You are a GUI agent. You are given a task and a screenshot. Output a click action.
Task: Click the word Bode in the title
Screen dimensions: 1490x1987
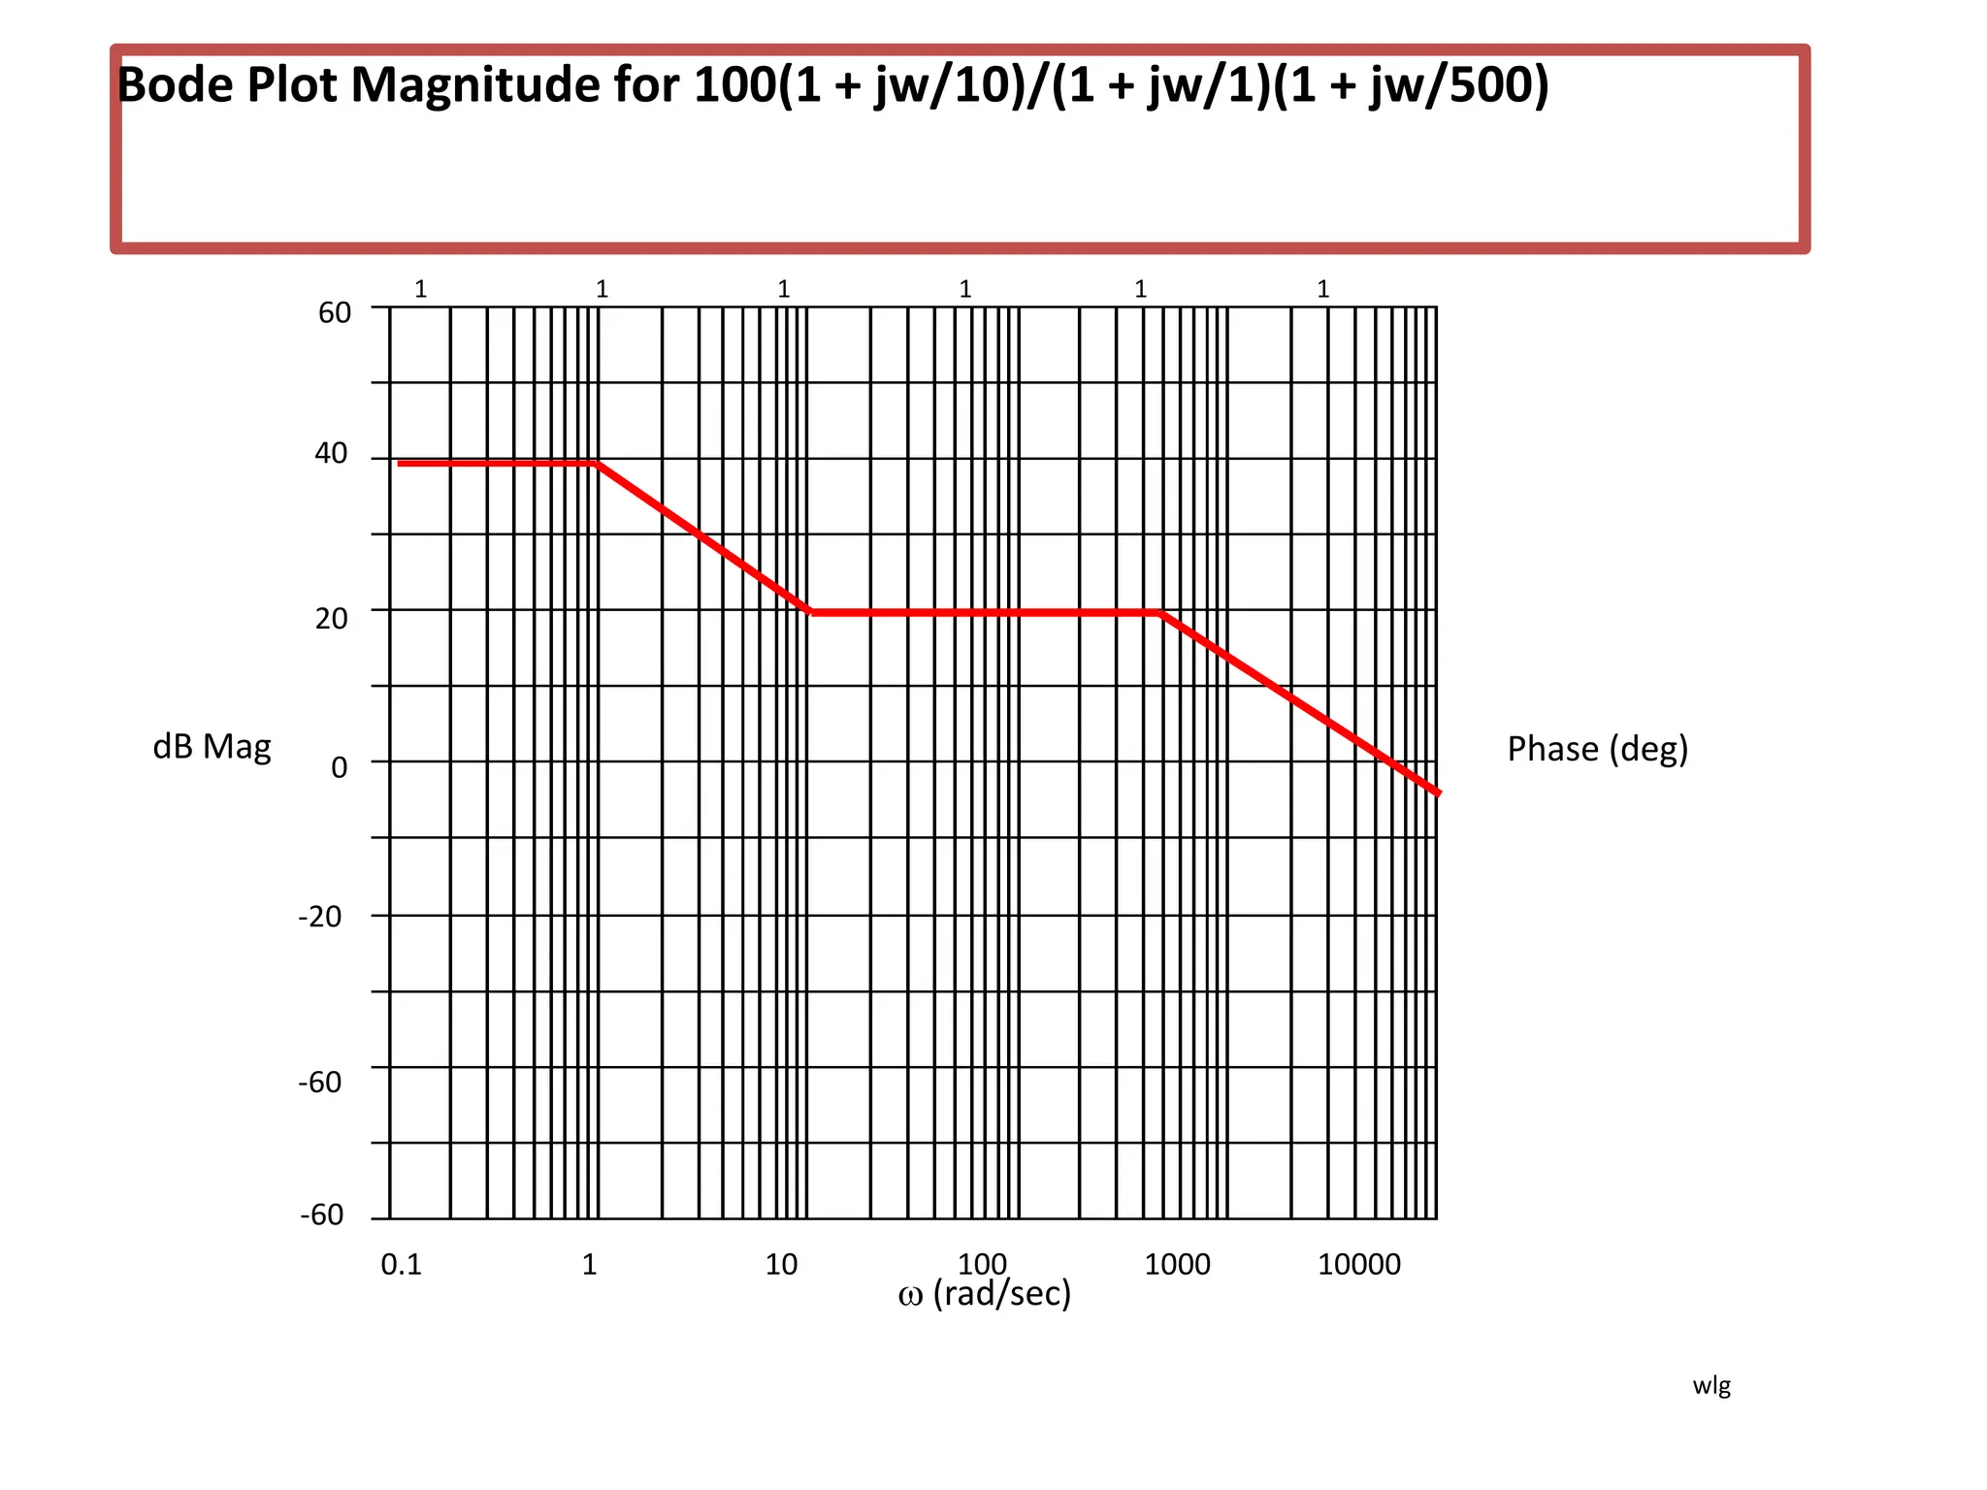point(175,85)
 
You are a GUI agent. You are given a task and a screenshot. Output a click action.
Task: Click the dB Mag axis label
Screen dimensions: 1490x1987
point(212,747)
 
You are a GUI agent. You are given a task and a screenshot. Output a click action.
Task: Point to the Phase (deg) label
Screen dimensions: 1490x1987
point(1597,749)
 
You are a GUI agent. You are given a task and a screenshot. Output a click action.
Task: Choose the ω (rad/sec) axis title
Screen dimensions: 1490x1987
point(984,1294)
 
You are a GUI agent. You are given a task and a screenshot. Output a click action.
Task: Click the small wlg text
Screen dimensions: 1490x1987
point(1711,1385)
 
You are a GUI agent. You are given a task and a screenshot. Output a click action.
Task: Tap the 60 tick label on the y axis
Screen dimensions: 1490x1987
point(335,312)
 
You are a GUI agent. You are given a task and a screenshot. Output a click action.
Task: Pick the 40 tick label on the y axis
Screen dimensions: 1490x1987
point(331,453)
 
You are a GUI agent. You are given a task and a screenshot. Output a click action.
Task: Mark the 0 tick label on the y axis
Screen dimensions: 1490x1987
point(339,767)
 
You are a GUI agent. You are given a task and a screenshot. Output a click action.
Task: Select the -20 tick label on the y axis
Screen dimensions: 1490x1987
point(320,917)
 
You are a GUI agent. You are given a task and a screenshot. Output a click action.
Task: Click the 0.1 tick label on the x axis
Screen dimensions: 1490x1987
point(401,1264)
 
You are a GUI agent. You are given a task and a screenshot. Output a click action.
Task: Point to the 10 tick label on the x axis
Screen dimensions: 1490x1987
point(781,1264)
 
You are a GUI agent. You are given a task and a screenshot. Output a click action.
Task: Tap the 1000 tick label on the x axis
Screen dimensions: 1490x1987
point(1177,1264)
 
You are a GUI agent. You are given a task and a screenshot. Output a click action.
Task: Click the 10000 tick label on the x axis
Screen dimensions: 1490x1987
point(1358,1264)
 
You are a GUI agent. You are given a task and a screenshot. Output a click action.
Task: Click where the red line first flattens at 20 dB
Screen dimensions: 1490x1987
point(811,612)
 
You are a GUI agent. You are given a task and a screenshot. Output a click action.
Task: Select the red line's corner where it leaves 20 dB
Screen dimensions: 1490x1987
point(1160,613)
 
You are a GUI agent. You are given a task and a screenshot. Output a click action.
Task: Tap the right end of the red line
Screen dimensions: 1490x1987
point(1439,793)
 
